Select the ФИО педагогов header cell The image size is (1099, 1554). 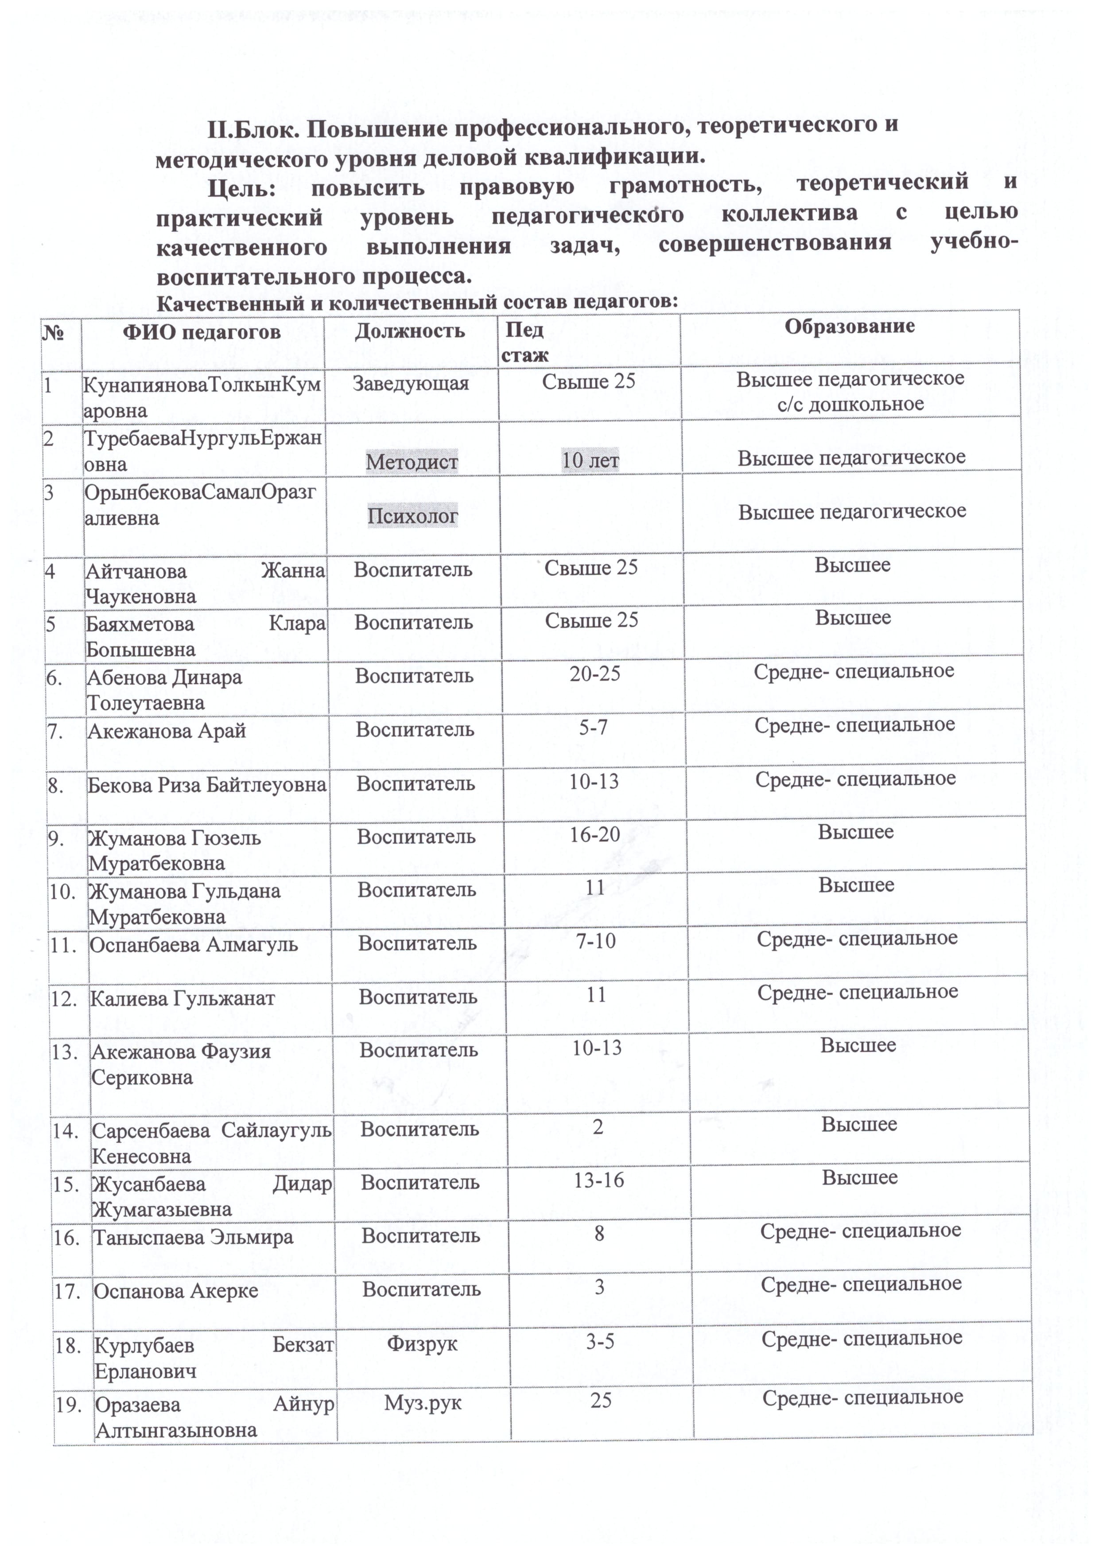[x=202, y=331]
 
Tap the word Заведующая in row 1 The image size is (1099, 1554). [x=411, y=384]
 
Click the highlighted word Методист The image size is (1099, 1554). [x=412, y=462]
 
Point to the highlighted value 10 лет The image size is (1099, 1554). [x=590, y=460]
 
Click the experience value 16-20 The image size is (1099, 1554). [x=595, y=834]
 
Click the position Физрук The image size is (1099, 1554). [x=422, y=1344]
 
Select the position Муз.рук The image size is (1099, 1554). [x=423, y=1402]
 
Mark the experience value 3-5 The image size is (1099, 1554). [x=600, y=1341]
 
